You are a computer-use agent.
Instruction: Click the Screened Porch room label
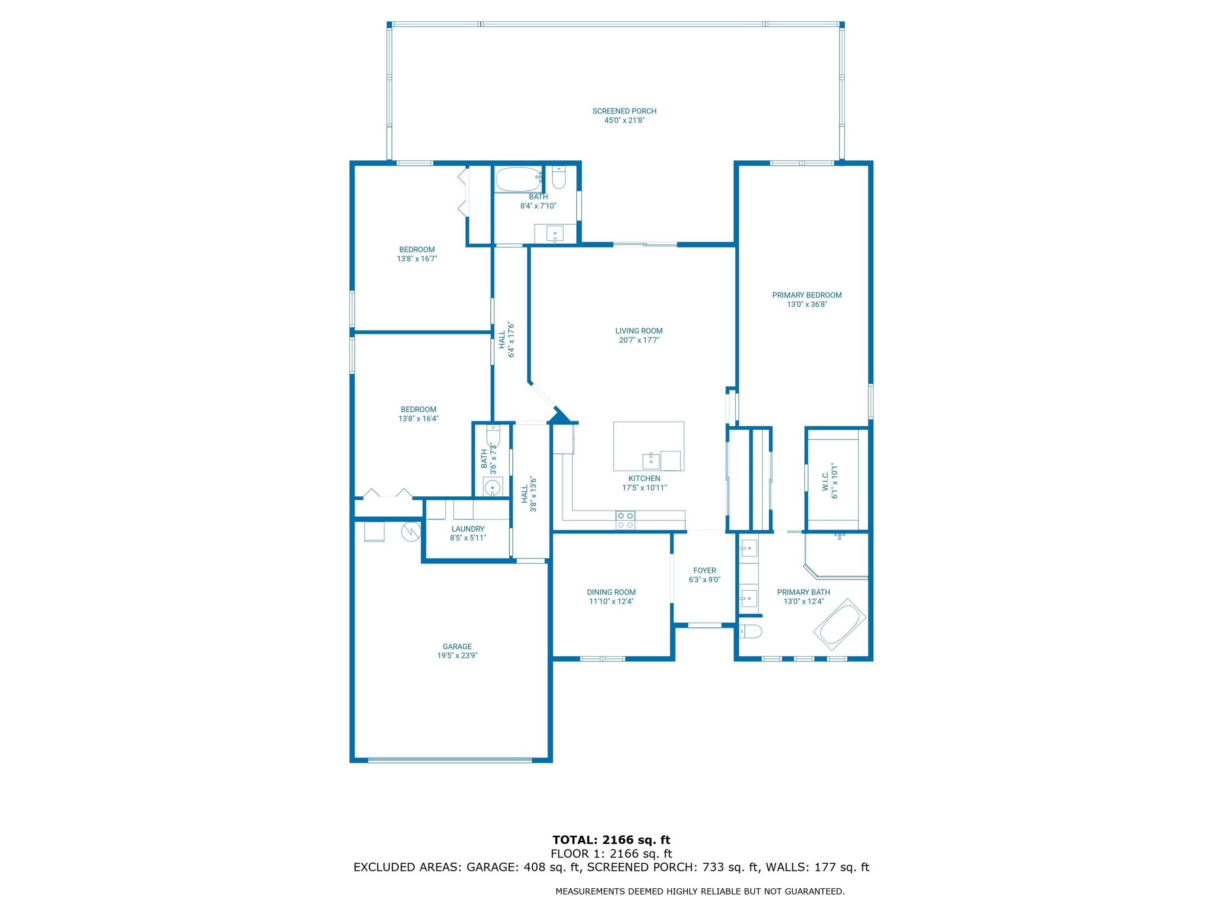tap(624, 111)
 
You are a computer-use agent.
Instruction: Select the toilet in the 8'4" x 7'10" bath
tap(559, 178)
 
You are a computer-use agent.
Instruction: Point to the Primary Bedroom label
tap(807, 295)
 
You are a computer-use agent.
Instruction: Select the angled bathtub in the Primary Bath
tap(839, 625)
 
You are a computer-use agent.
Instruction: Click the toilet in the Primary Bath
tap(751, 631)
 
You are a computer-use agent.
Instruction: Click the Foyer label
tap(704, 570)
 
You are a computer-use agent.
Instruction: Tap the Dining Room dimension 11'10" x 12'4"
tap(611, 602)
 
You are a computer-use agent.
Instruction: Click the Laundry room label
tap(468, 529)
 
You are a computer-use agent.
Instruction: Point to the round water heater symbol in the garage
tap(411, 531)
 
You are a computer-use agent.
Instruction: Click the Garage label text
tap(457, 646)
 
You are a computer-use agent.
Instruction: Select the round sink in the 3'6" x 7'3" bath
tap(492, 488)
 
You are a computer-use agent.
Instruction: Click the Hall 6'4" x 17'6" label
tap(502, 340)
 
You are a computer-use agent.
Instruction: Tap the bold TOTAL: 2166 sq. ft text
tap(611, 840)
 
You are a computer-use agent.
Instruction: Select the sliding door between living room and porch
tap(645, 245)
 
